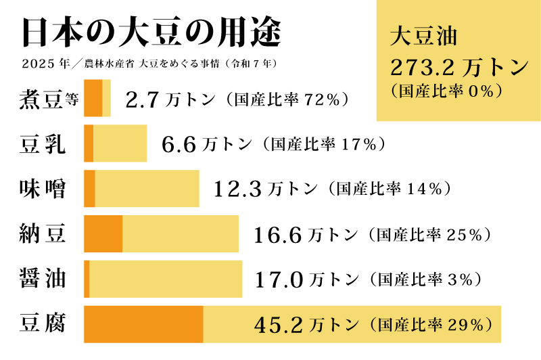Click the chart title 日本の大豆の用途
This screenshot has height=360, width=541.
click(151, 32)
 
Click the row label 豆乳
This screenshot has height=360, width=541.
click(43, 143)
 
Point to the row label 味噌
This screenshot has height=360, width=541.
click(43, 189)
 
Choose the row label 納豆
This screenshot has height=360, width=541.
click(43, 234)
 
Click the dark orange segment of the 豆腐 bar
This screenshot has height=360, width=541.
click(143, 324)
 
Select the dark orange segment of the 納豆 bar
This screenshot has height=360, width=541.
click(103, 234)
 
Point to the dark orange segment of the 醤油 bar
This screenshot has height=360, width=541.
click(87, 279)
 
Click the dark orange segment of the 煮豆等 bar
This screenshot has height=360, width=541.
click(93, 99)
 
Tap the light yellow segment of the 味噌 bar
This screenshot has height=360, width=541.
click(147, 189)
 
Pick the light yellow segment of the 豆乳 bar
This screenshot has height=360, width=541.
click(120, 143)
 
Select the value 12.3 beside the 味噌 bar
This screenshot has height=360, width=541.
click(237, 189)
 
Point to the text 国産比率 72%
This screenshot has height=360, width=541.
click(291, 101)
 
